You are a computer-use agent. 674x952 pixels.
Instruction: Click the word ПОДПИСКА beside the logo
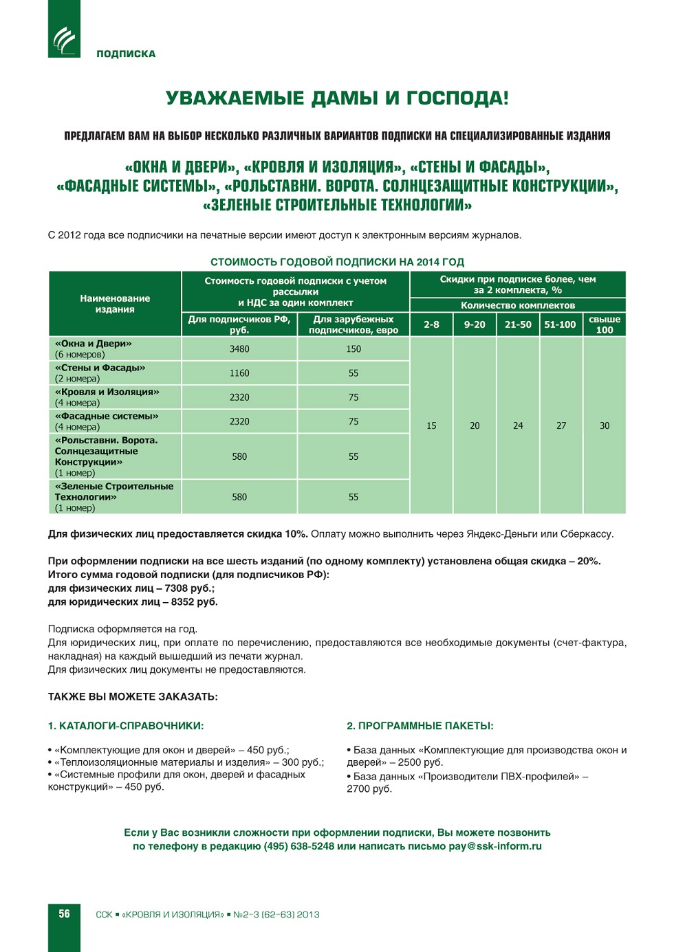click(126, 54)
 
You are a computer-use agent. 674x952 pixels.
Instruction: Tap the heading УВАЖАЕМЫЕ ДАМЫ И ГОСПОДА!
click(337, 98)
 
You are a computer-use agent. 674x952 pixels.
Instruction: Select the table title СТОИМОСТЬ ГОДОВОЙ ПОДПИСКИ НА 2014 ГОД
click(337, 262)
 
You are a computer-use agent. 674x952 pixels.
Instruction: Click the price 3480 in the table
click(239, 349)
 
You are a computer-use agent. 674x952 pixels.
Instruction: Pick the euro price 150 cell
click(354, 349)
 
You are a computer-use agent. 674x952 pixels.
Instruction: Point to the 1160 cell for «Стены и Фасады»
click(239, 373)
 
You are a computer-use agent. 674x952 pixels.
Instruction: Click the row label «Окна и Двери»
click(94, 344)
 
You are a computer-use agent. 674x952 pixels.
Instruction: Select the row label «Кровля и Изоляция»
click(107, 392)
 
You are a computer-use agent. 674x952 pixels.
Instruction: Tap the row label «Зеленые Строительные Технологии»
click(114, 491)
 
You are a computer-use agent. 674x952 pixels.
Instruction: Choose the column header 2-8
click(431, 324)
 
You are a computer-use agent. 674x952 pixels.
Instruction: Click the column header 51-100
click(560, 324)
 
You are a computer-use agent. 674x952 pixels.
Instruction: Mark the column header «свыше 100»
click(605, 324)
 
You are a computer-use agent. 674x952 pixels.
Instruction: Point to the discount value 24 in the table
click(518, 426)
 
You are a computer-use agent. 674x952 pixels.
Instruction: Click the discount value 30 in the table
click(605, 426)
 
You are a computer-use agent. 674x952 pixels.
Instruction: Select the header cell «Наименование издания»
click(115, 304)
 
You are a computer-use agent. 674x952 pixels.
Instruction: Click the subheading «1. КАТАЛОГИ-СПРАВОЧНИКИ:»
click(126, 726)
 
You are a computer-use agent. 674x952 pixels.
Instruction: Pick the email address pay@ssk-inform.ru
click(495, 846)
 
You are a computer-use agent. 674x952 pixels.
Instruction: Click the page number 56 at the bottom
click(64, 914)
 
